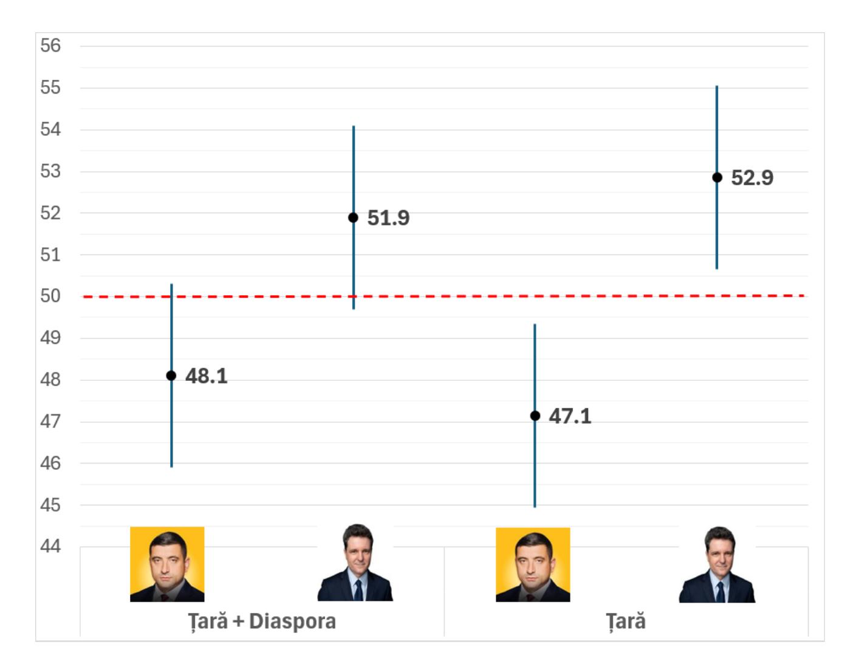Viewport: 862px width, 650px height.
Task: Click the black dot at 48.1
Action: [171, 375]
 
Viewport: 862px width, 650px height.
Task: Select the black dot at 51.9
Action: [353, 217]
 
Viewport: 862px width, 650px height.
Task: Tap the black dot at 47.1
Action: [535, 416]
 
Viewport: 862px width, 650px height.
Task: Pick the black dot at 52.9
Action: [717, 177]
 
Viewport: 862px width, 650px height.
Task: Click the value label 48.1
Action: [207, 377]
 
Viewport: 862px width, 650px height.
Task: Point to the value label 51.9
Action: [389, 218]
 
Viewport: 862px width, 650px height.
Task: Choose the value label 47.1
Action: [570, 416]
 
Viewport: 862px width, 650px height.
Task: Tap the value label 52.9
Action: [752, 178]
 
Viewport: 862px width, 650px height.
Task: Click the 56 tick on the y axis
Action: [51, 46]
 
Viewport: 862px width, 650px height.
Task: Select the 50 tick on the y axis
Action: [51, 296]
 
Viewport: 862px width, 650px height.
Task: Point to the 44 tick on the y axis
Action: [51, 547]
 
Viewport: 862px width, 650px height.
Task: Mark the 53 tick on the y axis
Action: [51, 171]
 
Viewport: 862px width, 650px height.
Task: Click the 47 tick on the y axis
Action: [51, 422]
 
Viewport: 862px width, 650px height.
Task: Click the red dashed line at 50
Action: [443, 296]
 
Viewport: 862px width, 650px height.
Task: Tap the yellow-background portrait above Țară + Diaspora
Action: [167, 564]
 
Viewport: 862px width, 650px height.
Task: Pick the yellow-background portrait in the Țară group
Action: [533, 565]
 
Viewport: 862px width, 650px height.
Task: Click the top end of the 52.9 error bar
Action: [717, 87]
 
